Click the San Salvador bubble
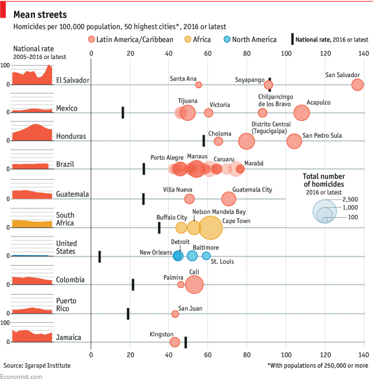click(x=358, y=85)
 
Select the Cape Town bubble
click(x=210, y=227)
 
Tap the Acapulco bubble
click(x=302, y=113)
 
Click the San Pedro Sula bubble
click(x=294, y=141)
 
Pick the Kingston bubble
click(x=174, y=342)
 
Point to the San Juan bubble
click(x=175, y=314)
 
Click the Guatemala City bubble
click(x=228, y=199)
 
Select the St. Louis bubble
click(x=206, y=256)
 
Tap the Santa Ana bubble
click(x=199, y=85)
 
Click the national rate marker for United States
click(x=99, y=256)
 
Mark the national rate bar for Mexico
click(x=123, y=112)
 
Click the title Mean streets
click(x=40, y=14)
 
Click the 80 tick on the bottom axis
click(x=247, y=354)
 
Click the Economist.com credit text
click(x=21, y=377)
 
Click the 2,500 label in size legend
click(x=350, y=199)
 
